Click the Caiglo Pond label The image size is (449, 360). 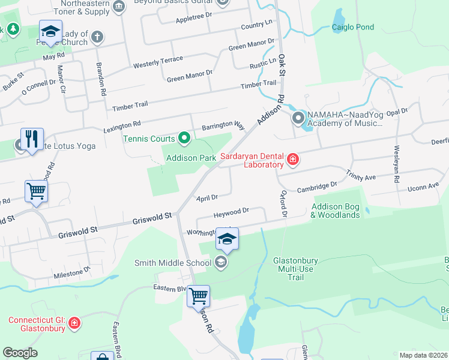[353, 27]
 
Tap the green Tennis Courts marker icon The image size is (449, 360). [185, 139]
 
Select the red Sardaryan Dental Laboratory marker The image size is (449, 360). [292, 159]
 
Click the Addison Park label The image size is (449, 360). [190, 158]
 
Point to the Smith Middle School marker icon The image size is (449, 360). [221, 262]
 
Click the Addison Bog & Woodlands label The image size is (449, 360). [336, 211]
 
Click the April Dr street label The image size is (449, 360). [206, 197]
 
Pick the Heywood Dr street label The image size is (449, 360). [231, 212]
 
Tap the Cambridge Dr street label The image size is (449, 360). [317, 187]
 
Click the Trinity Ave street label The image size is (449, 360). [360, 175]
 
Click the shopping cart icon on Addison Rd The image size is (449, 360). [198, 295]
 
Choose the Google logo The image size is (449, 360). [20, 353]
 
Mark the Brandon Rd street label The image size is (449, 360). [101, 80]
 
